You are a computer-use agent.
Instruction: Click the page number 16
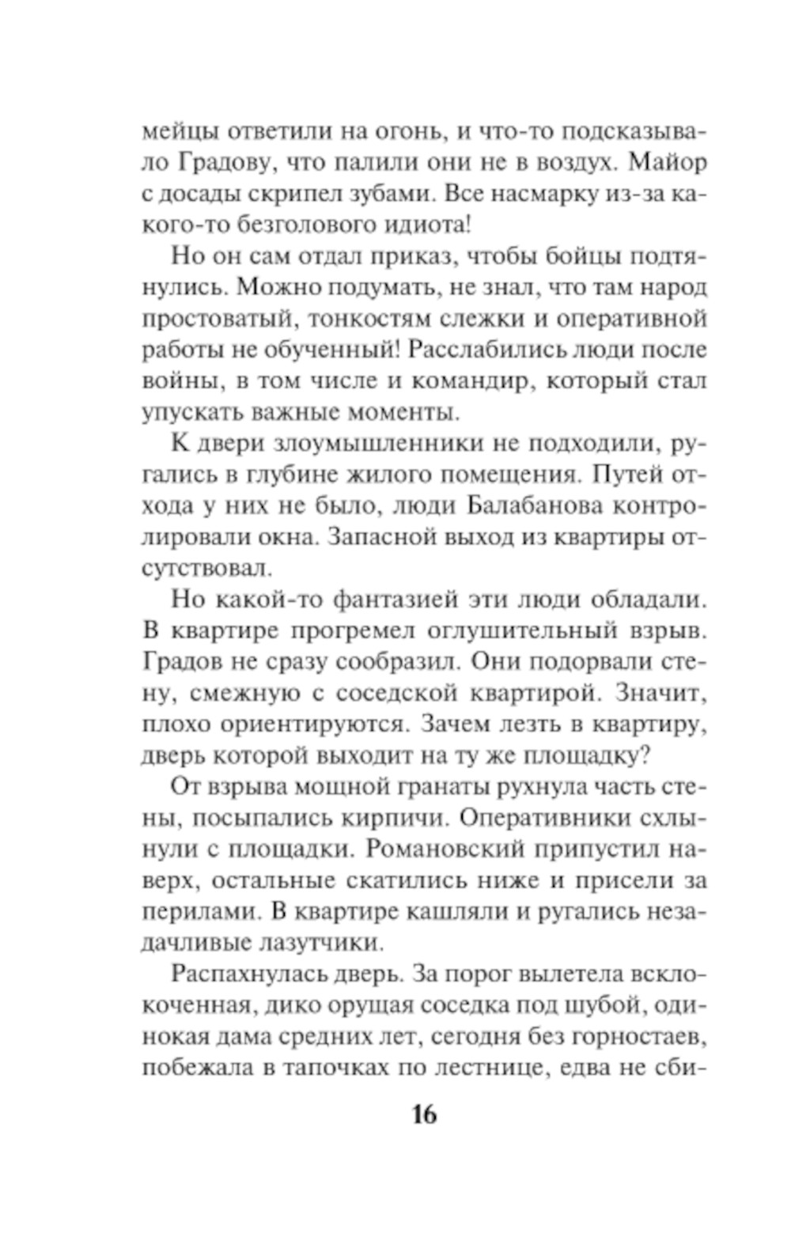(x=424, y=1114)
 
